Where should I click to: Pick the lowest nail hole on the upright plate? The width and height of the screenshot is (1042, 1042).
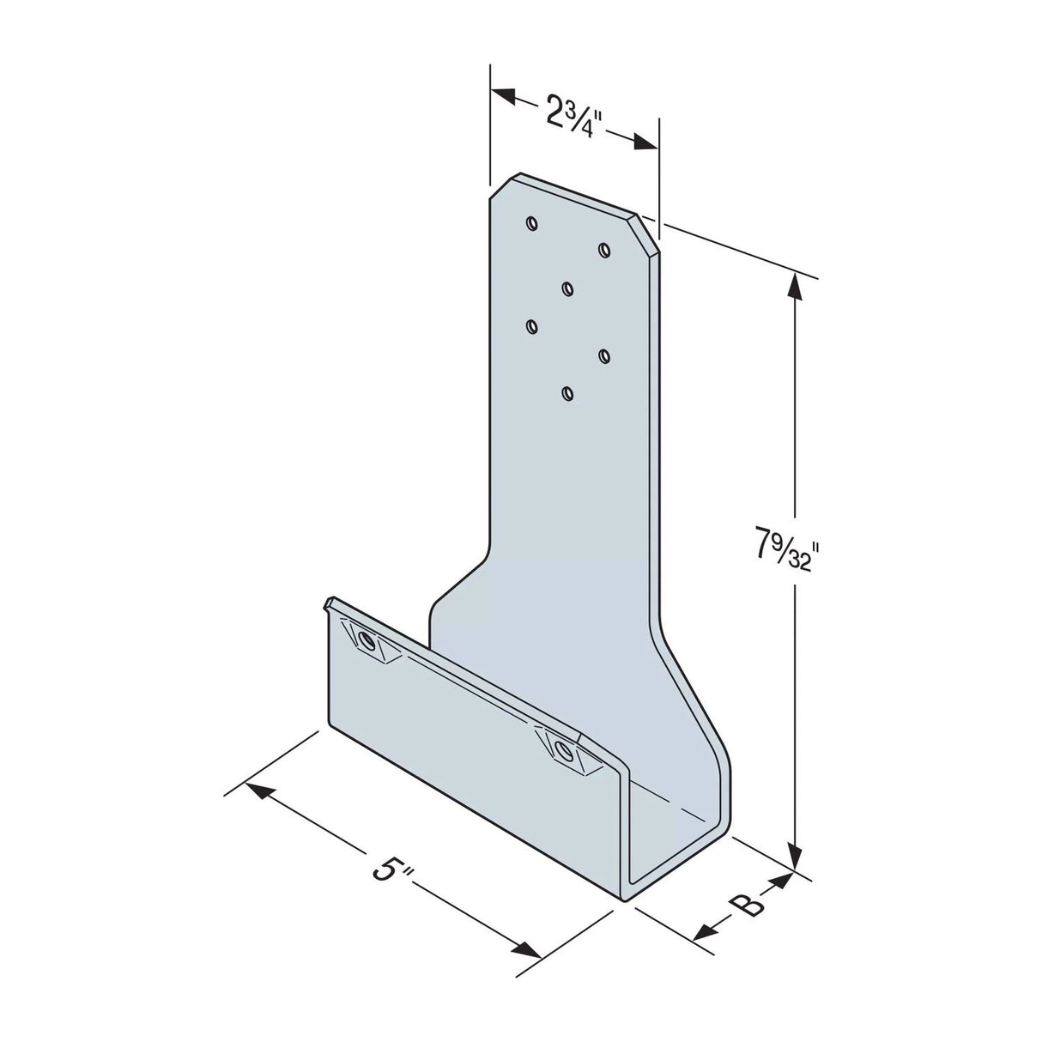[x=566, y=393]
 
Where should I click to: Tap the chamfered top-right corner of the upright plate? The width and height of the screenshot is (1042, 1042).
[x=647, y=232]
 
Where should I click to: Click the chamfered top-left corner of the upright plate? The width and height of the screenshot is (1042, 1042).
[x=502, y=186]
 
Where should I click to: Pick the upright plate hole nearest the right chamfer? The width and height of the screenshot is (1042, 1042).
[x=604, y=249]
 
